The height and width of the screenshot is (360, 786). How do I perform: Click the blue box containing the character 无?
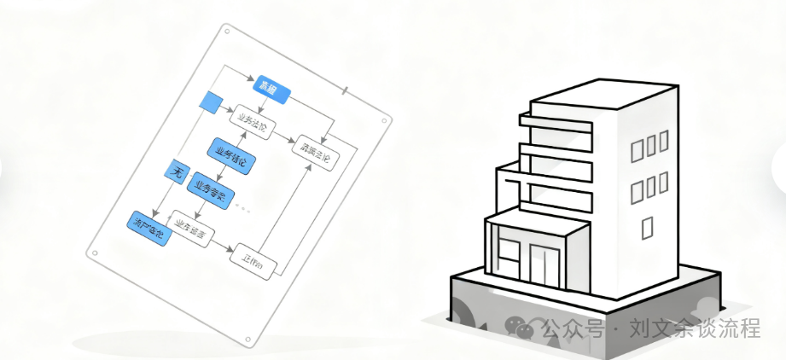coord(177,171)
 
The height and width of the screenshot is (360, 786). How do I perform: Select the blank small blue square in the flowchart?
coord(210,102)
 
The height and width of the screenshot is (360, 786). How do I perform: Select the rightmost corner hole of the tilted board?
coord(390,118)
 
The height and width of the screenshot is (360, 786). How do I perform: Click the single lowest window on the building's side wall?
coord(646,226)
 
